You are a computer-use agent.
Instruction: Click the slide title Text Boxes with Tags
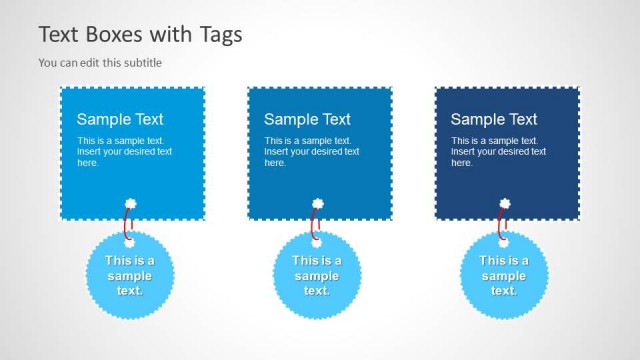point(140,35)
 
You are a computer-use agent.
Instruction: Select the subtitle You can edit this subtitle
point(100,63)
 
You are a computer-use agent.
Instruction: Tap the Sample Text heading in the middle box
point(307,120)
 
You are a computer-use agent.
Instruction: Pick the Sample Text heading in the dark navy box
point(494,120)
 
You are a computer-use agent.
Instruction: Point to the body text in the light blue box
point(124,151)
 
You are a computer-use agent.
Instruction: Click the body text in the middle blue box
point(311,151)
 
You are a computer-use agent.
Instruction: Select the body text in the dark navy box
point(498,151)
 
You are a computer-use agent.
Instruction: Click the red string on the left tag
point(126,221)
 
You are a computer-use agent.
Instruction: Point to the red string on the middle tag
point(313,221)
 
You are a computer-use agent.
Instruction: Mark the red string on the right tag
point(500,221)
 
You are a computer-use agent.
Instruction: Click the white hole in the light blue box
point(130,203)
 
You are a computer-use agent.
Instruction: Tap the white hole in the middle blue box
point(317,203)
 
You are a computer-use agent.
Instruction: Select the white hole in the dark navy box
point(504,203)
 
